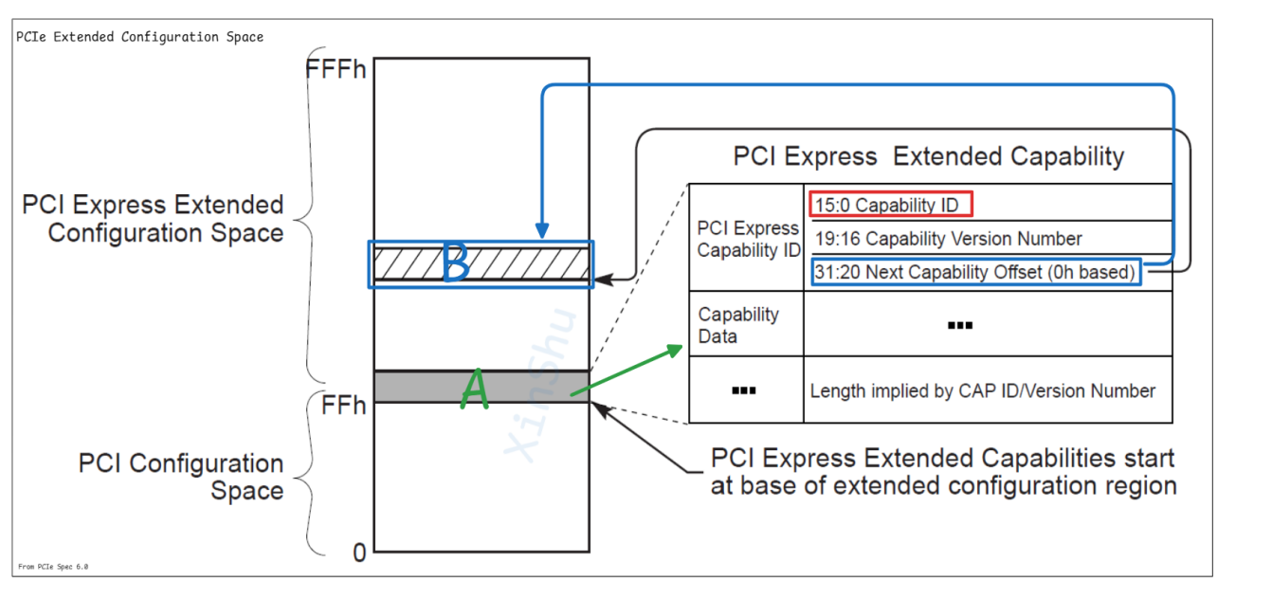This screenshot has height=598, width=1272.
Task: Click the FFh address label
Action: click(343, 406)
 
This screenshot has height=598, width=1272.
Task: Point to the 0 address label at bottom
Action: click(359, 553)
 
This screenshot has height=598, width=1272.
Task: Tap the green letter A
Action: click(475, 390)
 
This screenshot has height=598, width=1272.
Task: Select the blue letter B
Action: click(456, 263)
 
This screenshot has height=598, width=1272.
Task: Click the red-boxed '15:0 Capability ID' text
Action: click(890, 205)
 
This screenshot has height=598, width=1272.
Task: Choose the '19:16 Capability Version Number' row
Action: click(948, 239)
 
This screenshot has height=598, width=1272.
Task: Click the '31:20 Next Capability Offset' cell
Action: click(975, 273)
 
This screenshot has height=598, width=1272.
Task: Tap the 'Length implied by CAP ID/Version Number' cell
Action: click(983, 390)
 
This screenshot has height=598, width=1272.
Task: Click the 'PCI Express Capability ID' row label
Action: click(748, 240)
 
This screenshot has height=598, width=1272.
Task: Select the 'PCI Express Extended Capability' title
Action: click(928, 156)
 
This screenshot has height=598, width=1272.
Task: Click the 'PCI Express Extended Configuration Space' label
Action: click(154, 219)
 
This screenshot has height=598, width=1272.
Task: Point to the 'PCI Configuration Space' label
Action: click(181, 477)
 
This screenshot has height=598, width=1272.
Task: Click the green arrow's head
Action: click(676, 349)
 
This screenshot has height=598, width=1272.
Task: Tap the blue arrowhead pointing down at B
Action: click(542, 230)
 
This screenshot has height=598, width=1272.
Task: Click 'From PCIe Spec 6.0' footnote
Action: click(53, 567)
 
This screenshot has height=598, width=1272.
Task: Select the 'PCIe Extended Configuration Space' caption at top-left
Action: click(139, 37)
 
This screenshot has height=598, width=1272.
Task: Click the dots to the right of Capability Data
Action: click(960, 326)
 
